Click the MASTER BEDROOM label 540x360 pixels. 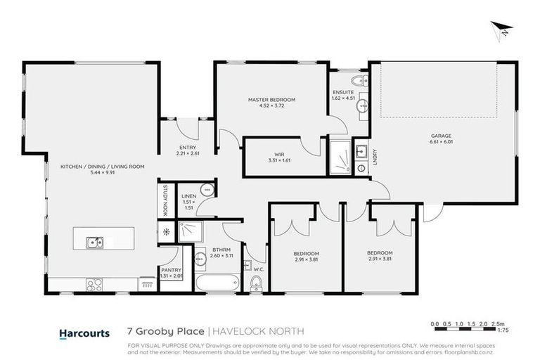point(271,100)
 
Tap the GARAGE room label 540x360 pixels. point(441,136)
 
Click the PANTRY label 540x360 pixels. point(171,269)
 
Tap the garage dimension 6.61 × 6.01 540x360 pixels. point(441,143)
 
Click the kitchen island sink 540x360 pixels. point(94,243)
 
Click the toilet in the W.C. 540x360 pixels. point(257,283)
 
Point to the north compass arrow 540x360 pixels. point(503,29)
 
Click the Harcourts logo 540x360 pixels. point(82,332)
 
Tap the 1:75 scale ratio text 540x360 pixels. point(503,329)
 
